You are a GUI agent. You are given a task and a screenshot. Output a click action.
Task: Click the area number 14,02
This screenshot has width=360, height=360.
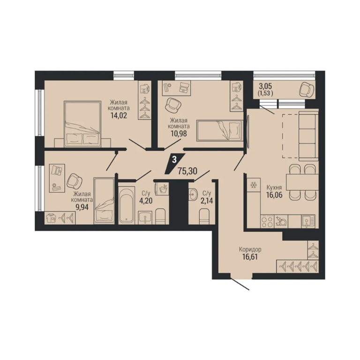pos(119,115)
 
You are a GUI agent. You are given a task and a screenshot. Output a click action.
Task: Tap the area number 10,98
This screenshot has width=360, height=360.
pos(179,134)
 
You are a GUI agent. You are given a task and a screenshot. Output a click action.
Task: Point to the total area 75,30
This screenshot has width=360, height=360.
pos(187,171)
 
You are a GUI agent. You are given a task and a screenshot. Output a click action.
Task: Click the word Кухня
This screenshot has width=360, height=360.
pos(274,187)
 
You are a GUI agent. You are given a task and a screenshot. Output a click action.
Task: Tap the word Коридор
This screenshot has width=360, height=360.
pos(250,249)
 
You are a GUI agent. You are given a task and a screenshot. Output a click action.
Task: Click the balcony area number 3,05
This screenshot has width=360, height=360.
pos(265,87)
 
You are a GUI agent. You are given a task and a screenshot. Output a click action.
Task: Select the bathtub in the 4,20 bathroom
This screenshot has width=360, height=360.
pos(127,205)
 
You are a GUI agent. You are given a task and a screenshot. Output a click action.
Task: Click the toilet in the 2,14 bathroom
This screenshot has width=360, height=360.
pos(204,216)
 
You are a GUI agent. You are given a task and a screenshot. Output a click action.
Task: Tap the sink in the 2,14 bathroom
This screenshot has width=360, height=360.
pos(193,195)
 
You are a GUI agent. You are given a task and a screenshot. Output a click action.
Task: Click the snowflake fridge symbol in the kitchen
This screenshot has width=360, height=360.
pos(254,185)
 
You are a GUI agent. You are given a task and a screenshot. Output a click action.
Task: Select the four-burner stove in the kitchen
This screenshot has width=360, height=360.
pos(268,222)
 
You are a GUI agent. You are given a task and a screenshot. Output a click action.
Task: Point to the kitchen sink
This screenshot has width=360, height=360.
pos(308,221)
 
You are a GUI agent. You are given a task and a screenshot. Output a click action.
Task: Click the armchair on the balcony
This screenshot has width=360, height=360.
pos(307,90)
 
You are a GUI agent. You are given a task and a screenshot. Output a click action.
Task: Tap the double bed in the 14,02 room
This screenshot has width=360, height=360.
pos(82,124)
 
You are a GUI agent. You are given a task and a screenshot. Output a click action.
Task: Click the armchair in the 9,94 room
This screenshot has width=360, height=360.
pos(75,181)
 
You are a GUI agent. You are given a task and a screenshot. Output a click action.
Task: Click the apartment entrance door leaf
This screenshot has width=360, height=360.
pos(240,284)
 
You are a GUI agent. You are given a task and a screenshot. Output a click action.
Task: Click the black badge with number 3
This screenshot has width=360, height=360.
pos(175,163)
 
